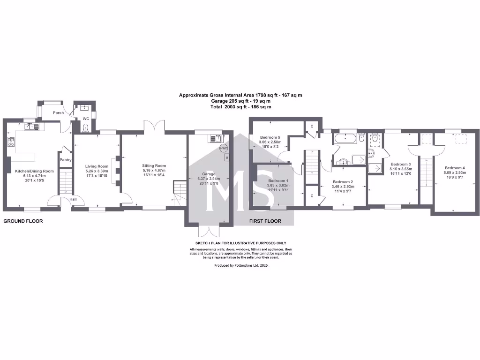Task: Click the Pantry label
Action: (65, 159)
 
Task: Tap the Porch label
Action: (58, 112)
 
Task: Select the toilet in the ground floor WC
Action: (85, 127)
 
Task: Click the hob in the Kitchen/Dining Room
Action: (10, 141)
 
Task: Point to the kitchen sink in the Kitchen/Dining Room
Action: (31, 126)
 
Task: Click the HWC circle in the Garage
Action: (223, 149)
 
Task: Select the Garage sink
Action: (215, 138)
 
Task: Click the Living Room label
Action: (97, 166)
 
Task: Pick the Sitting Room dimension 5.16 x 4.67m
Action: (154, 171)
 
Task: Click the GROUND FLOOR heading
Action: (23, 221)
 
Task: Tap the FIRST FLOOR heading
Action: (265, 221)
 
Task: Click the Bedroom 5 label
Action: (270, 137)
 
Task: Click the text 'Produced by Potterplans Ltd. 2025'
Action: (241, 265)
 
